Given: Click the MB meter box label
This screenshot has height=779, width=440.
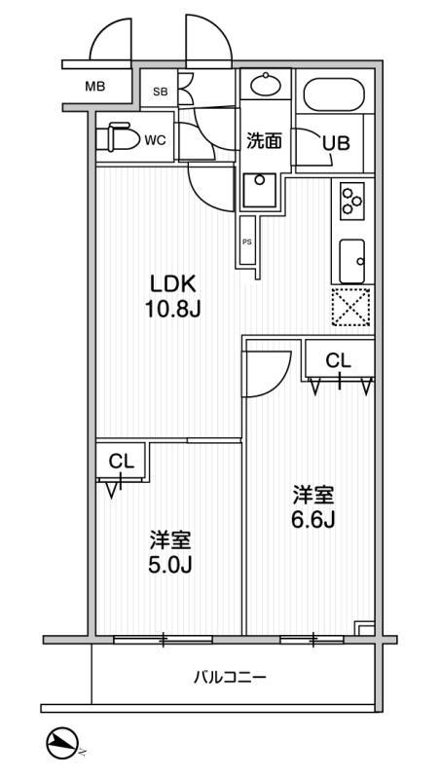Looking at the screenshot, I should (94, 87).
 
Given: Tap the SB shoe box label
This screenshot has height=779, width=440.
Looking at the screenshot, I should (160, 93).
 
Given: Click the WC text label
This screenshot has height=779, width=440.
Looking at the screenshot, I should (156, 139).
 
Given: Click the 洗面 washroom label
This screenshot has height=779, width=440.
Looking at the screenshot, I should (263, 141).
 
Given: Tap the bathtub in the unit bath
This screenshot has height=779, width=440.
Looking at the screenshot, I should (334, 94).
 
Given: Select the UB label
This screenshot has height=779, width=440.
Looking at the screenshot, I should (336, 142).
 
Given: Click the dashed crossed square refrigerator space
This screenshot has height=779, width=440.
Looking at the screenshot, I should (352, 309).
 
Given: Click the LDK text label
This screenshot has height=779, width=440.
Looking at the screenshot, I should (174, 284).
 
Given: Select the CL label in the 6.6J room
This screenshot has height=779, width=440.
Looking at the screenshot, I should (338, 360).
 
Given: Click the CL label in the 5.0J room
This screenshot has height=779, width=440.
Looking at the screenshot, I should (121, 461).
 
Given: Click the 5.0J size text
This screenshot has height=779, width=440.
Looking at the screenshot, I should (169, 551).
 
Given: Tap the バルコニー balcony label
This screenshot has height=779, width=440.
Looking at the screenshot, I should (230, 676).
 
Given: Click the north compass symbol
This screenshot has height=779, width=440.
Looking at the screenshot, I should (63, 744).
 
